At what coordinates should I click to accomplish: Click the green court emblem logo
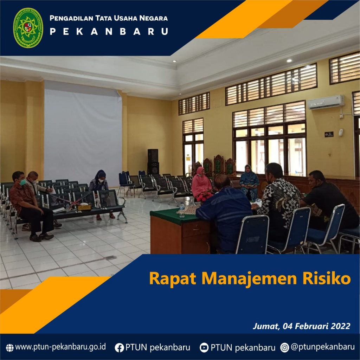pyautogui.click(x=28, y=28)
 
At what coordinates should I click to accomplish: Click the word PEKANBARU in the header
pyautogui.click(x=109, y=32)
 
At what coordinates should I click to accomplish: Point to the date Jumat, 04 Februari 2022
pyautogui.click(x=301, y=326)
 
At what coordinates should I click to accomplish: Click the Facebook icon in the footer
pyautogui.click(x=119, y=348)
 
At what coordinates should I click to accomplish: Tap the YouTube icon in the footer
pyautogui.click(x=204, y=348)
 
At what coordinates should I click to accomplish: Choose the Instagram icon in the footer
pyautogui.click(x=284, y=348)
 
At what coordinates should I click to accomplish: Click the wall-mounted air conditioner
pyautogui.click(x=326, y=102)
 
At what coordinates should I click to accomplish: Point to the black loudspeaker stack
pyautogui.click(x=153, y=162)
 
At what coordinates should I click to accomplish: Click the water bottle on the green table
pyautogui.click(x=182, y=210)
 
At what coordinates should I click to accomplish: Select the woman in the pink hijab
pyautogui.click(x=201, y=184)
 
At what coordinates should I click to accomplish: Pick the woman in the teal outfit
pyautogui.click(x=249, y=182)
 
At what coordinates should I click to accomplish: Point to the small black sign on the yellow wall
pyautogui.click(x=329, y=134)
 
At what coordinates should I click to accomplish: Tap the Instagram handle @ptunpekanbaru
pyautogui.click(x=322, y=347)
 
